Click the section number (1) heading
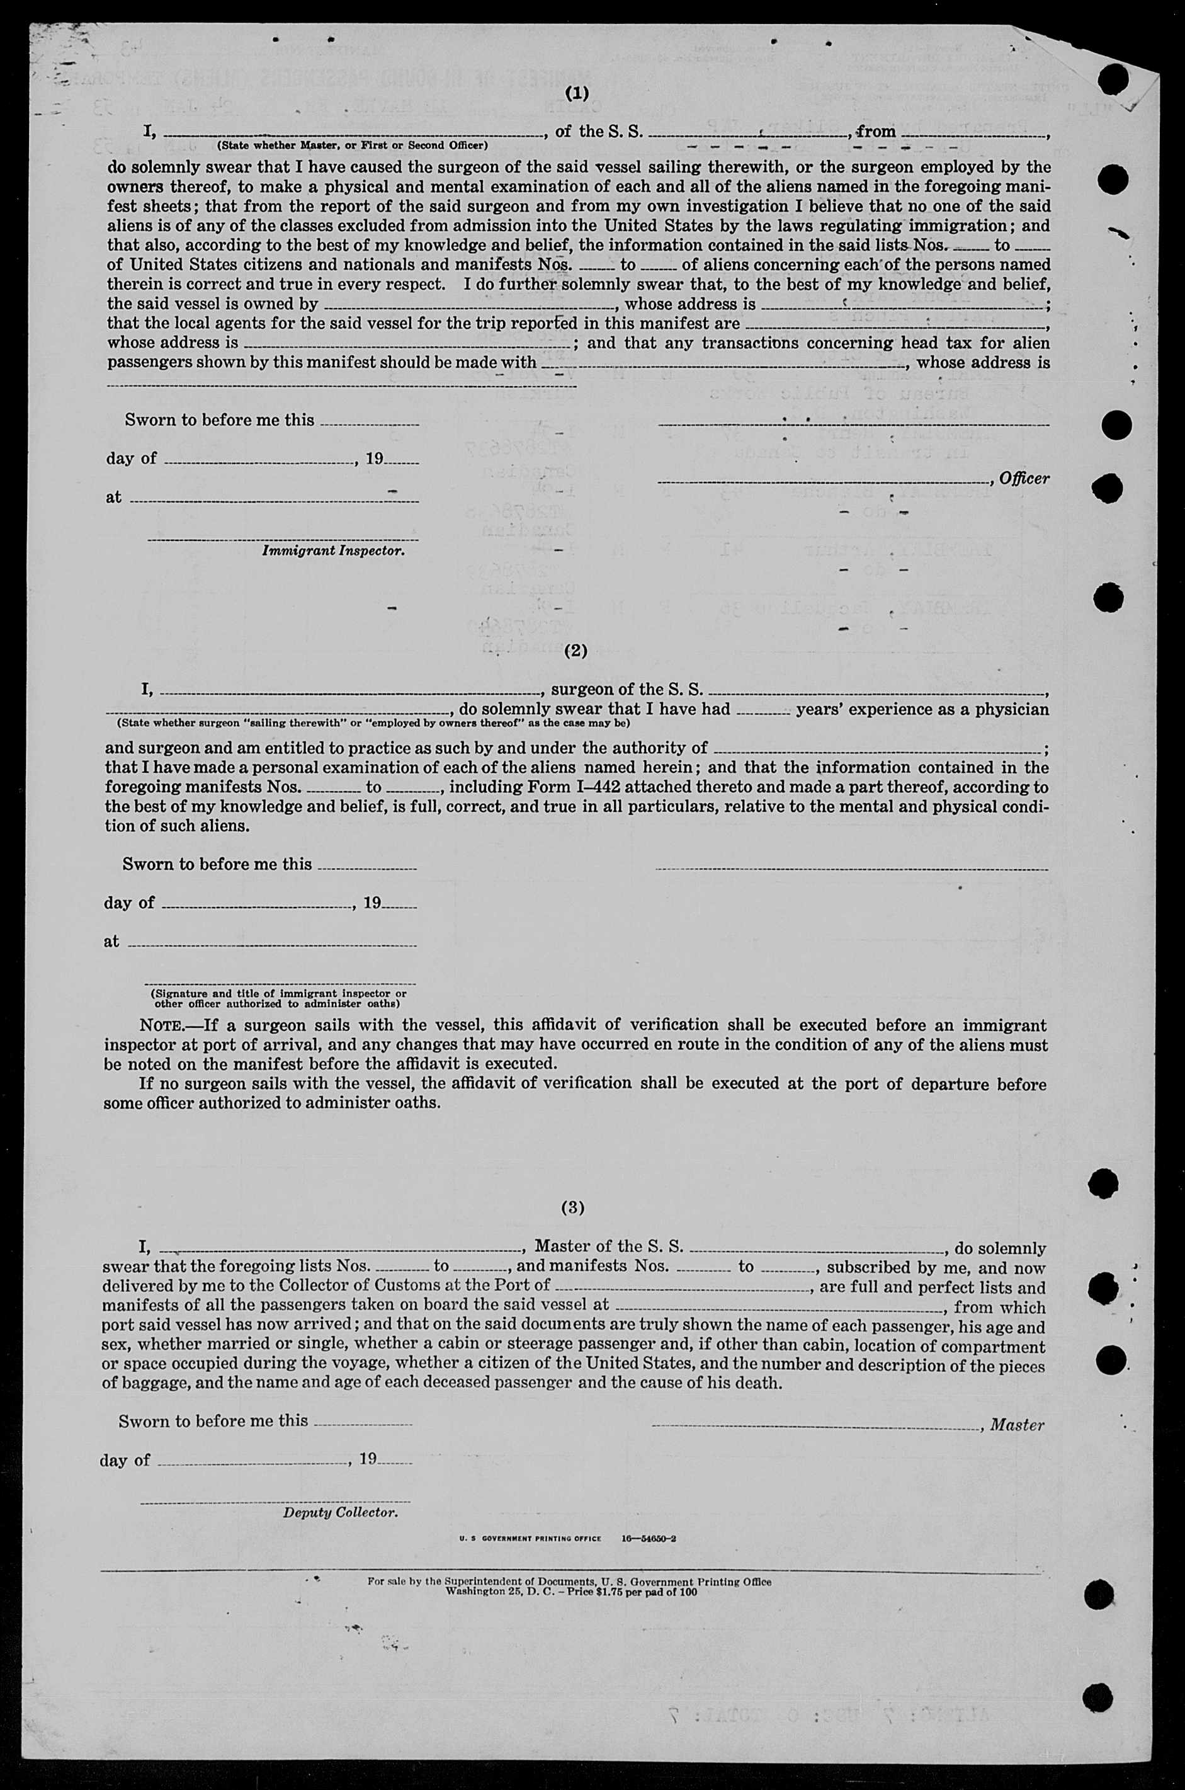(x=577, y=94)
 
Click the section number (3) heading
(x=572, y=1208)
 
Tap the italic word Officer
(x=1024, y=479)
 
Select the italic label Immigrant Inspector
(x=332, y=551)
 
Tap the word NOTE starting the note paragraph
(x=160, y=1026)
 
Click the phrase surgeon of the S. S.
(x=627, y=690)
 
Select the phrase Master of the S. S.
(x=608, y=1247)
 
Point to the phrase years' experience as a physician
(x=922, y=709)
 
